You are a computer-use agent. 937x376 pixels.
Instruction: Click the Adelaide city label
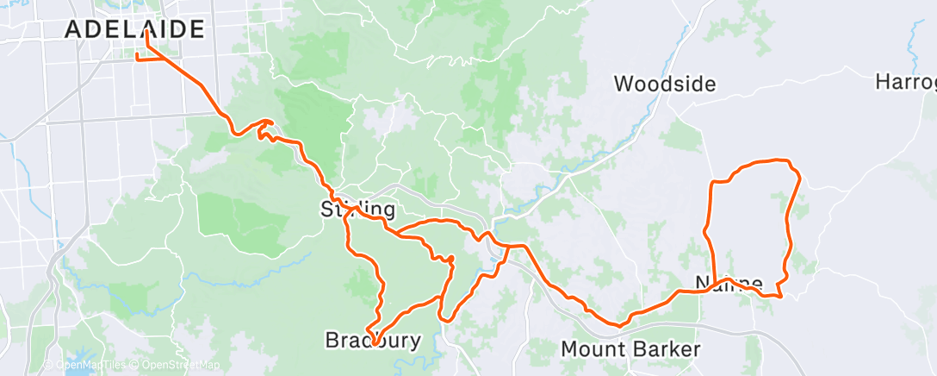click(x=135, y=28)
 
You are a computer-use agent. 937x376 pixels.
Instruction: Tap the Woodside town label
click(x=665, y=84)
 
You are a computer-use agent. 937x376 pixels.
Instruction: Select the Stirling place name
click(x=358, y=209)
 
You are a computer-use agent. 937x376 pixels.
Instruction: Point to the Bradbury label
click(x=373, y=341)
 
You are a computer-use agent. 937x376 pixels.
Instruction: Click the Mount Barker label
click(x=630, y=349)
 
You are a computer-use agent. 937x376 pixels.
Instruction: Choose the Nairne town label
click(x=729, y=283)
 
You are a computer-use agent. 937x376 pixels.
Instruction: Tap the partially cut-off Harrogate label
click(x=906, y=82)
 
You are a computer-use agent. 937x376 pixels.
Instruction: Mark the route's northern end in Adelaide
click(x=147, y=32)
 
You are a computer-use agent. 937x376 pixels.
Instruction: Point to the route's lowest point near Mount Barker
click(x=618, y=325)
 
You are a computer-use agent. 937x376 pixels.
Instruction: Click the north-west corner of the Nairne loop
click(x=712, y=183)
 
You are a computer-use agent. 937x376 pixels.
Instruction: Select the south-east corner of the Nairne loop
click(x=779, y=296)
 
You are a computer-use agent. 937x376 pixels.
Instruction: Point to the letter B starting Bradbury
click(x=332, y=341)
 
